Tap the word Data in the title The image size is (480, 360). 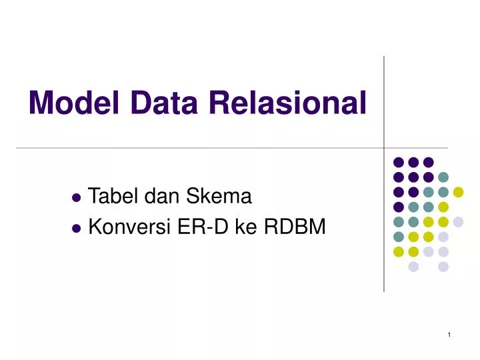(153, 103)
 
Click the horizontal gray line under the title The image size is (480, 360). (200, 147)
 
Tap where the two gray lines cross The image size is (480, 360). (384, 147)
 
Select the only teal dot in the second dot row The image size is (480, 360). (443, 177)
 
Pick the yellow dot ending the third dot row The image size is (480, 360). (458, 192)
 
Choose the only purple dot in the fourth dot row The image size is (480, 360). (399, 207)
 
